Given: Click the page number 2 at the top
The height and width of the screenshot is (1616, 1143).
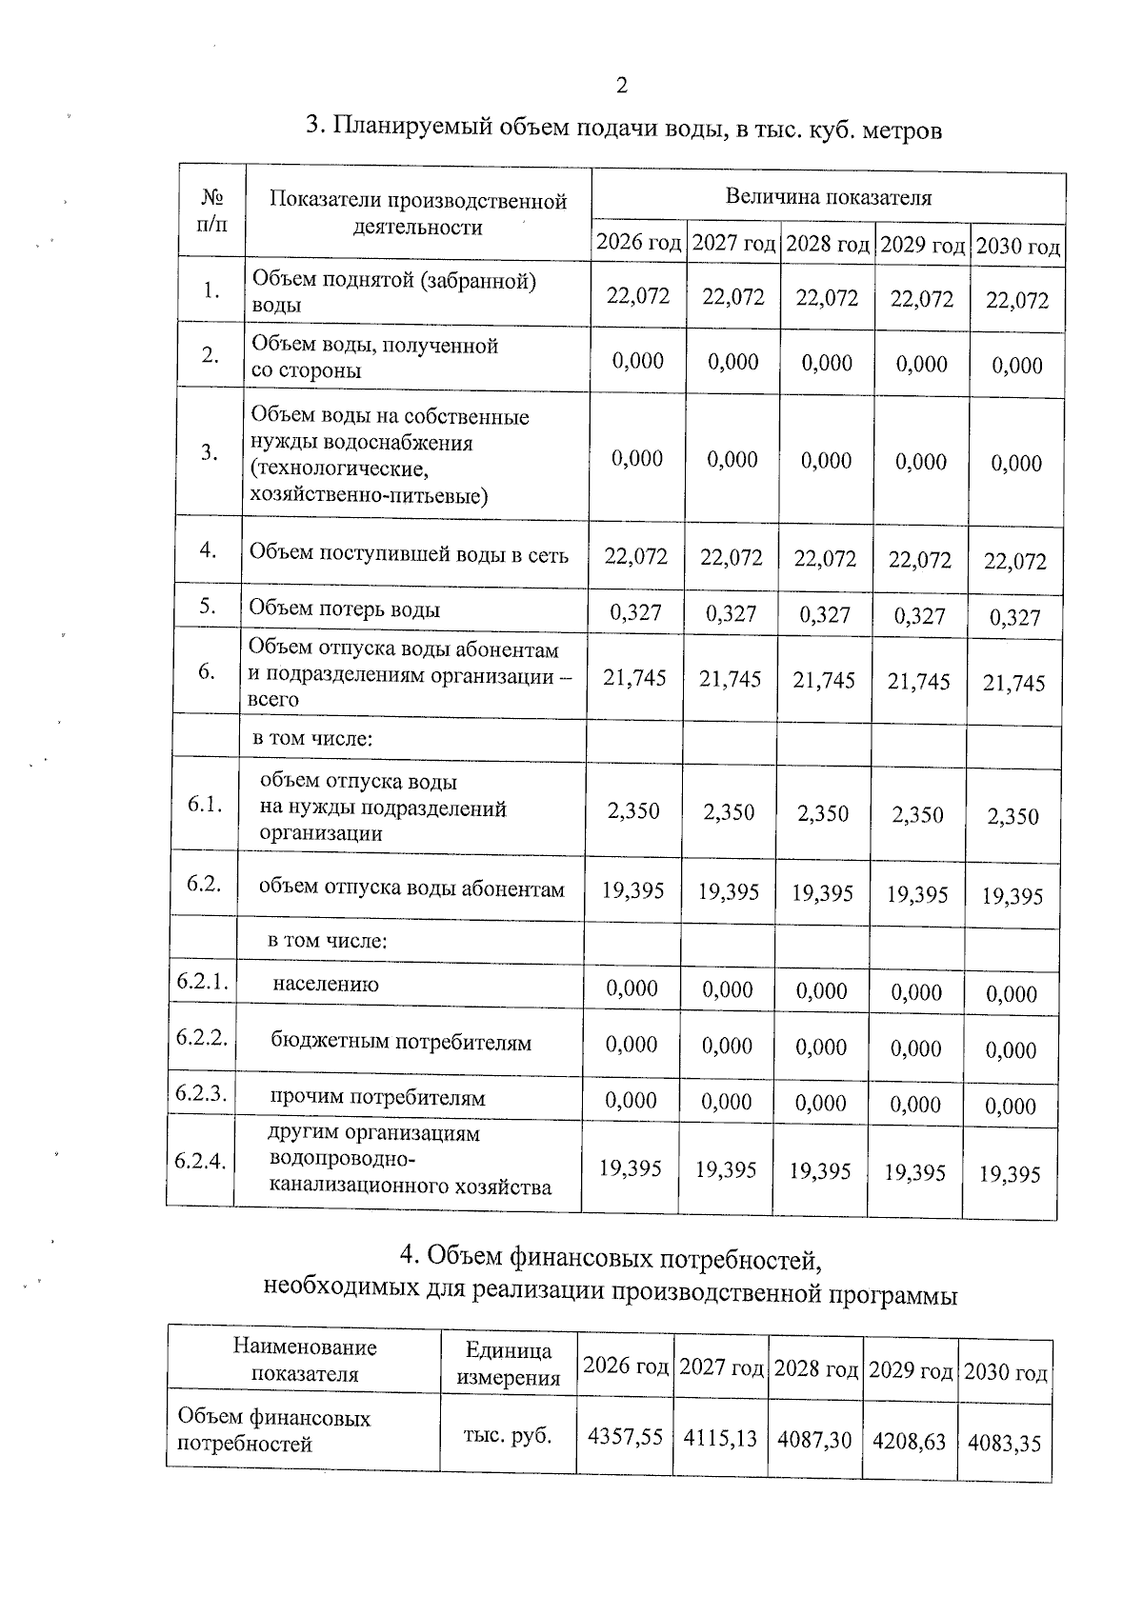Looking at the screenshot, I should [x=622, y=87].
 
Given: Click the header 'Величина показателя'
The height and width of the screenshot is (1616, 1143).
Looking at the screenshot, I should [x=828, y=197].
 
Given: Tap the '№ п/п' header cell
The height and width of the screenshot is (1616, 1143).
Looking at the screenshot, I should [x=212, y=210].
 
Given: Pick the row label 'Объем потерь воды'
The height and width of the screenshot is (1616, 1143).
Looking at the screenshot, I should [x=344, y=609].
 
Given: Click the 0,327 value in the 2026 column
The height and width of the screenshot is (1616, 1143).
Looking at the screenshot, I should [x=635, y=612].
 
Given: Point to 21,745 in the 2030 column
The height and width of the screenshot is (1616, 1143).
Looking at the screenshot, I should [x=1013, y=683].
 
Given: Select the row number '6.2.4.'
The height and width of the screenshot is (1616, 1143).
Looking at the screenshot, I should [x=200, y=1161].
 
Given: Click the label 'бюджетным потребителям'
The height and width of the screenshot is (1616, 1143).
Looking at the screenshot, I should [x=401, y=1042].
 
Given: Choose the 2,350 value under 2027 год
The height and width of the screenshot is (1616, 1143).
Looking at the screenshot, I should [x=729, y=812].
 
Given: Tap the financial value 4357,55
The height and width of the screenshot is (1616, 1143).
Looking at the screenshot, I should [x=625, y=1437].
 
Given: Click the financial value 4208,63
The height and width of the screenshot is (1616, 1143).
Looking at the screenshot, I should [x=910, y=1442].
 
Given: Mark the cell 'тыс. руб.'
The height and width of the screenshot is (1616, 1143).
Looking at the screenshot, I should [x=508, y=1436].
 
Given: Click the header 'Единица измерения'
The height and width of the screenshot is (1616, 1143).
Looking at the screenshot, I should [x=508, y=1364].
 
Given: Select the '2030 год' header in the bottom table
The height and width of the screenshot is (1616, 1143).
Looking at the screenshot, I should [x=1006, y=1373].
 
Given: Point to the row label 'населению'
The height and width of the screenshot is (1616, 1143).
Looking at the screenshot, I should [x=326, y=985].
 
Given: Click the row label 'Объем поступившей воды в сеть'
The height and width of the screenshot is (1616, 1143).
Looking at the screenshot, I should [x=409, y=553].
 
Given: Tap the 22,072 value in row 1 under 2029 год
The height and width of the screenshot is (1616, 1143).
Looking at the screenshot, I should [x=921, y=299].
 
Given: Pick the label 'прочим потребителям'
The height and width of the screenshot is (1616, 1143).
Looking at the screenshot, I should [x=377, y=1098].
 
